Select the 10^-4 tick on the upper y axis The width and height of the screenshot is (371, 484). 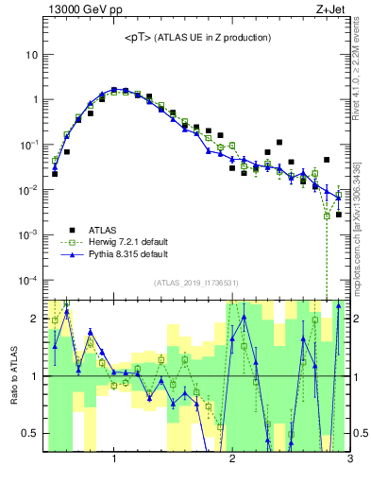[28, 281]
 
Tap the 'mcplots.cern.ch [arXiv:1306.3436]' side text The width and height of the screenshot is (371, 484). [362, 227]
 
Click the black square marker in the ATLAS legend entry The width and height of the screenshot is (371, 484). [72, 229]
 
